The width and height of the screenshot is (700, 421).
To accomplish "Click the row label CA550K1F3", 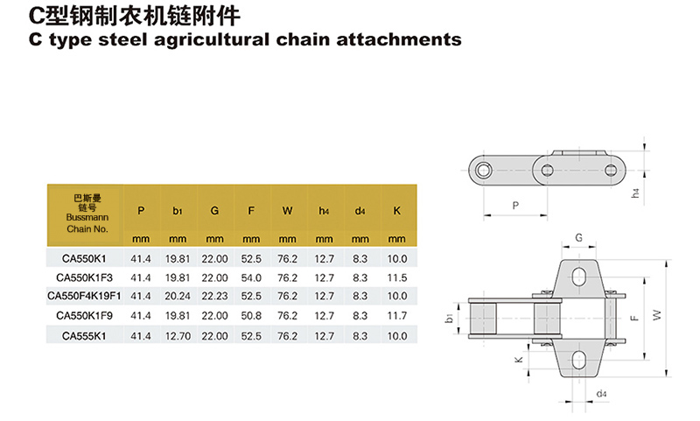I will coord(84,277).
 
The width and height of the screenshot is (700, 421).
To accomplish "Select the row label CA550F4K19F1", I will coord(84,296).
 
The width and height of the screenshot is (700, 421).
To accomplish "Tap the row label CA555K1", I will coord(84,334).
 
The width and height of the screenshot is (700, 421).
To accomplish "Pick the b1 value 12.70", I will coord(178,334).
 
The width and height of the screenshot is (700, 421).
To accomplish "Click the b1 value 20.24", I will coord(178,296).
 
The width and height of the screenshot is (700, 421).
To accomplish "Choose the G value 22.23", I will coord(214,296).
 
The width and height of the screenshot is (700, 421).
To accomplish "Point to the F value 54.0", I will coord(251,277).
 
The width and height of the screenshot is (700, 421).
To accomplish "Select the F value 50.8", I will coord(251,315).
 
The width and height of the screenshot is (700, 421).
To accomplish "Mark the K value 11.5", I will coord(397,277).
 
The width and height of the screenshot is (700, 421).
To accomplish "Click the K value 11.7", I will coord(397,315).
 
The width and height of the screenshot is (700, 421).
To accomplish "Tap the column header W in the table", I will coord(288,211).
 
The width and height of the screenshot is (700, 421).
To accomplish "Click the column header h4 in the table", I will coord(324,211).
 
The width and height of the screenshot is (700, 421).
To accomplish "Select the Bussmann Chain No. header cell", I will coord(84,214).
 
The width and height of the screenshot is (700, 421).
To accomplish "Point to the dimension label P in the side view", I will coord(514,205).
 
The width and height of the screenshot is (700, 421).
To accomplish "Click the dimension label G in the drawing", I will coord(578,238).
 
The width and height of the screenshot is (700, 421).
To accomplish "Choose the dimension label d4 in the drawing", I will coord(602,394).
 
